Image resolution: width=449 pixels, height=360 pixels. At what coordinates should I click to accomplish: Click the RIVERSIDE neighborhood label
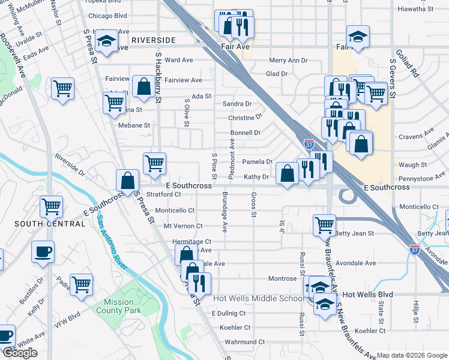[154, 40]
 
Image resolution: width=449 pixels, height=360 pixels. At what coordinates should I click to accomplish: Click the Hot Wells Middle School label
[259, 298]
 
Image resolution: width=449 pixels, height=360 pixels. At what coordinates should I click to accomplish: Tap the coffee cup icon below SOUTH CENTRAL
[43, 253]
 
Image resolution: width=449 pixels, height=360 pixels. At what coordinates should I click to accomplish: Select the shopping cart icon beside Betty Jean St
[324, 226]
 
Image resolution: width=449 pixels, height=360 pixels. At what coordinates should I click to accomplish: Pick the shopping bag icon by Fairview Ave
[144, 87]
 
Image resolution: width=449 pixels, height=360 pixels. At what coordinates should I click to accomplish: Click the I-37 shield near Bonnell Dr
[308, 145]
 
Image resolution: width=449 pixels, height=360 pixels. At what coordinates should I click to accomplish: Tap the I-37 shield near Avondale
[415, 249]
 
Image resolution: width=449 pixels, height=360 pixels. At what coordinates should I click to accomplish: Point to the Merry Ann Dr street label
[288, 61]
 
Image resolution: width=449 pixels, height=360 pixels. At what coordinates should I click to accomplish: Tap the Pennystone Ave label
[420, 178]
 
